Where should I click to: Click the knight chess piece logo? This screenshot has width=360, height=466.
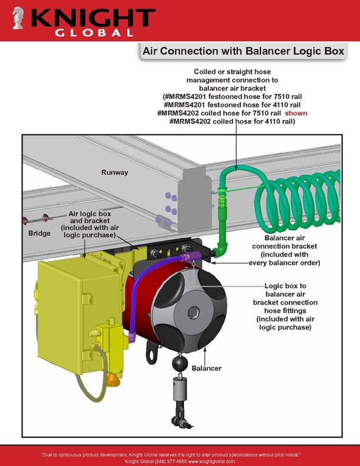click(x=18, y=18)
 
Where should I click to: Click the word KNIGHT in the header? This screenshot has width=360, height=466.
click(x=93, y=18)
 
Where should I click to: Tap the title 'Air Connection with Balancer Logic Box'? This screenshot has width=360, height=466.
click(x=243, y=51)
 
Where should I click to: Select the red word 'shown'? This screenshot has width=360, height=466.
click(x=296, y=113)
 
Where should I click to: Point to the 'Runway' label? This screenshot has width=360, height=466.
click(x=115, y=172)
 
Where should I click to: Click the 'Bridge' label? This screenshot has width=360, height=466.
click(x=39, y=233)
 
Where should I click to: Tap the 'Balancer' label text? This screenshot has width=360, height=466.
click(x=206, y=368)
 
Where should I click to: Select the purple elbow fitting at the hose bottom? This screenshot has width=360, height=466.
click(x=132, y=336)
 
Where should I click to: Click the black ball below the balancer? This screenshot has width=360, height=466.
click(x=180, y=364)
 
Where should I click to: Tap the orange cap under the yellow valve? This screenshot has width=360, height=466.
click(x=114, y=379)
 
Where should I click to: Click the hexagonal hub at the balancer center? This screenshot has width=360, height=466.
click(x=193, y=312)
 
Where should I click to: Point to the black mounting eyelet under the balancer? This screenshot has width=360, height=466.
click(x=152, y=353)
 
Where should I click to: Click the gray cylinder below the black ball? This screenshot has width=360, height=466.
click(x=180, y=390)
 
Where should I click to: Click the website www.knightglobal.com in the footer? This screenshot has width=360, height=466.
click(x=211, y=461)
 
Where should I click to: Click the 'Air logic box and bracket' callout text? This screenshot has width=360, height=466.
click(x=90, y=225)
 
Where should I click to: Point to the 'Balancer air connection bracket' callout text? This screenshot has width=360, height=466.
click(x=285, y=250)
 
